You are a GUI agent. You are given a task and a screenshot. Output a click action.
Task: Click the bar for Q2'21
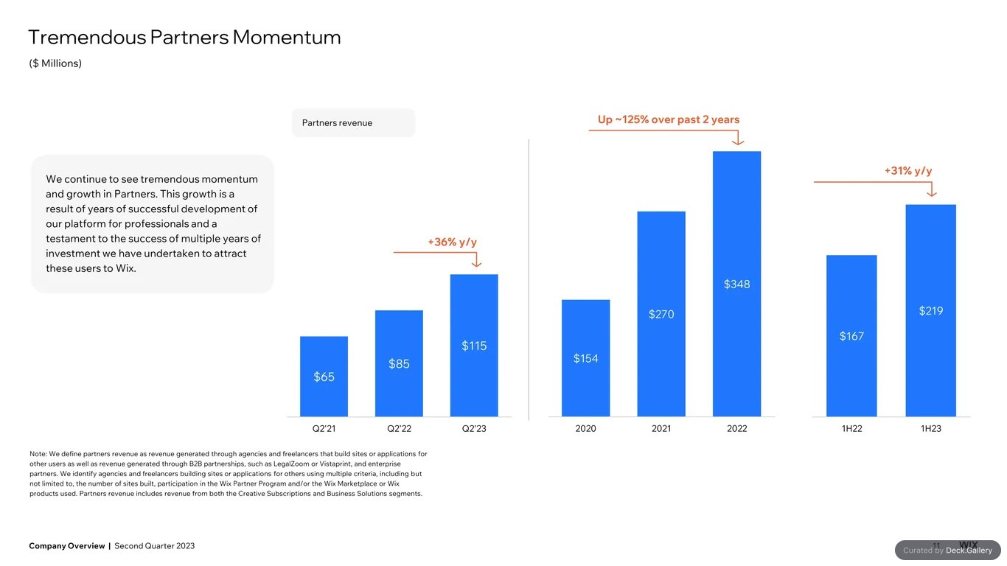click(x=324, y=377)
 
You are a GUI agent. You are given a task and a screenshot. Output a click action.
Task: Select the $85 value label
click(x=399, y=363)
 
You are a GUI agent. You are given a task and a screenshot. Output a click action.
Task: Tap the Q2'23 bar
click(x=474, y=345)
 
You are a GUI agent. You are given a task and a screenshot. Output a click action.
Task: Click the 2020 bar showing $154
click(x=585, y=358)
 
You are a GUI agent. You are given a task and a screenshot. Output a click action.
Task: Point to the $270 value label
click(x=661, y=314)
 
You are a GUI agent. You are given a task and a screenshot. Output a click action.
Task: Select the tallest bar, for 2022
click(x=736, y=284)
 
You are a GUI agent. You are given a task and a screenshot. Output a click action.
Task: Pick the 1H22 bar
click(x=851, y=336)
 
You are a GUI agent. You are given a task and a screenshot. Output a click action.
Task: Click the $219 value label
click(x=930, y=311)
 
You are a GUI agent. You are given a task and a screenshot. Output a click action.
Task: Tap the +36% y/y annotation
click(x=452, y=242)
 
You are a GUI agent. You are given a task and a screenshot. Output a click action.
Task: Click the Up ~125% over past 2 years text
click(x=668, y=119)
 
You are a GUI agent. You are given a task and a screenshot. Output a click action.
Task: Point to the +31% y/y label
click(x=907, y=171)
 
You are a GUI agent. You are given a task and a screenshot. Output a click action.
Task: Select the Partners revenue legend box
click(x=353, y=123)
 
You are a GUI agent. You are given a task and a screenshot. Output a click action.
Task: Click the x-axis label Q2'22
click(x=399, y=428)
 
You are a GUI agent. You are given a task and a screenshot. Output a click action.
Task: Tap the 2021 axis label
click(x=661, y=428)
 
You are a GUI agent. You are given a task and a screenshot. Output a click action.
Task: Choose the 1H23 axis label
click(x=930, y=428)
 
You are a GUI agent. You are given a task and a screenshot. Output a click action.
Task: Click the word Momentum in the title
click(x=286, y=37)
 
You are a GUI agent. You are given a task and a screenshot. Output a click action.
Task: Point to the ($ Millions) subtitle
click(x=55, y=63)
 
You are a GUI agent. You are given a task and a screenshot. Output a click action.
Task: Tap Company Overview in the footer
click(x=66, y=546)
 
